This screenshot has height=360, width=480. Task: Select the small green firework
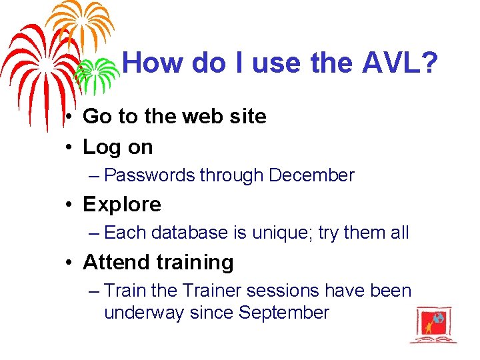click(x=95, y=72)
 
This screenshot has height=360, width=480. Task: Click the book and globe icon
click(x=433, y=324)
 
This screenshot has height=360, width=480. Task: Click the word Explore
click(x=122, y=204)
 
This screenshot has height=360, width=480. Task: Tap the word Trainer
click(x=211, y=291)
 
